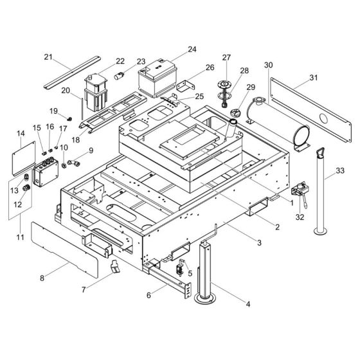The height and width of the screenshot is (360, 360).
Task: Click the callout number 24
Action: [x=192, y=50]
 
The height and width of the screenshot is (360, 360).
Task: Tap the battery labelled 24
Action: [x=157, y=78]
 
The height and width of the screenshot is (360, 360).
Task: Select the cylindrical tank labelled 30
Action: [x=278, y=124]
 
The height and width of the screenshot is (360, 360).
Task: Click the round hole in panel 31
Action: [x=324, y=118]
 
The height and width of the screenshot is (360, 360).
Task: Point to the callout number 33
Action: [x=340, y=170]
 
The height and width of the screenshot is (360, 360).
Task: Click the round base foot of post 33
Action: [x=321, y=231]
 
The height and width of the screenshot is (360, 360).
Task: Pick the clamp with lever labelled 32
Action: [x=300, y=194]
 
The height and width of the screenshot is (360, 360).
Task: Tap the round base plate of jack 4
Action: [x=205, y=298]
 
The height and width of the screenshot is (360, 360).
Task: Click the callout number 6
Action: [x=148, y=295]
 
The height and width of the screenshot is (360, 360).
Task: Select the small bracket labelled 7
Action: [x=115, y=267]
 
